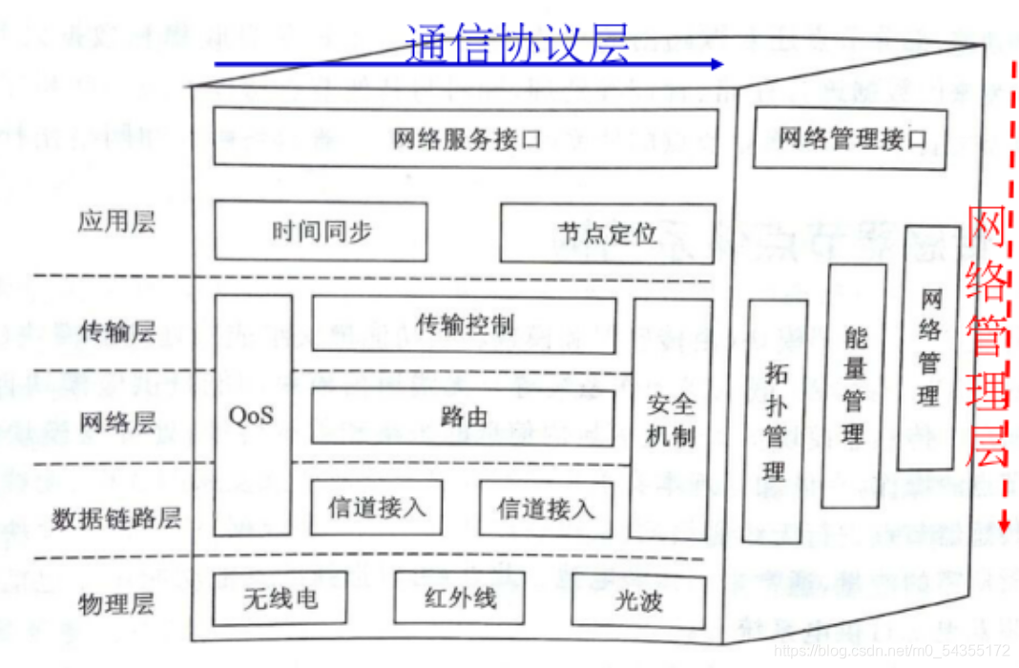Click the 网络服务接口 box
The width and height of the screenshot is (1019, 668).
coord(465,138)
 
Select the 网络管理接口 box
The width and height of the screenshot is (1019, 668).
coord(851,139)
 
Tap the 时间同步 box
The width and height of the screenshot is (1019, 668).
coord(321,231)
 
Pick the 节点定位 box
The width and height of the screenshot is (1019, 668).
coord(606,233)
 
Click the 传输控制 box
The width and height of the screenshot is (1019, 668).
coord(465,324)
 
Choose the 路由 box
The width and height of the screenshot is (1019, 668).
coord(465,416)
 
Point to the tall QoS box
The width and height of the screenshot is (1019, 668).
coord(252,415)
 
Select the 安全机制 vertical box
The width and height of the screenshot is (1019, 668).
coord(672,420)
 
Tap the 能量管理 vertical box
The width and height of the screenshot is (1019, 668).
coord(853,386)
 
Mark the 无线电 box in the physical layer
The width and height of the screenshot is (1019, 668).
coord(279,599)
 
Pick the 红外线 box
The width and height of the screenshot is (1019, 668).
coord(460,598)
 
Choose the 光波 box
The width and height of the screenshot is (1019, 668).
coord(638,601)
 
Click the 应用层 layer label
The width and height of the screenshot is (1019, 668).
coord(115,222)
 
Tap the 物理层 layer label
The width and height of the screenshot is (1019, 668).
coord(115,603)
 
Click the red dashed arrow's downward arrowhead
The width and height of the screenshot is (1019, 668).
coord(1003,524)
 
